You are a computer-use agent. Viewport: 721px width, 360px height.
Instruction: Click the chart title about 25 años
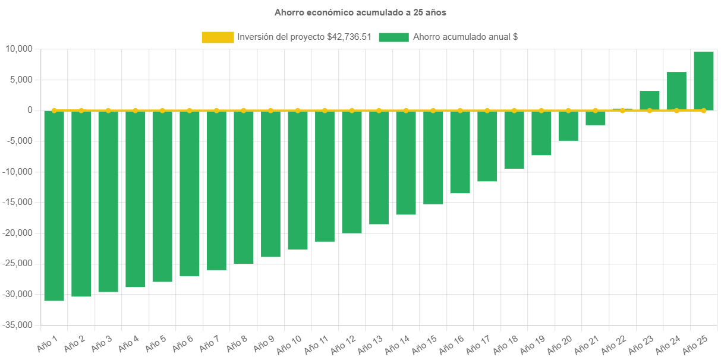click(360, 12)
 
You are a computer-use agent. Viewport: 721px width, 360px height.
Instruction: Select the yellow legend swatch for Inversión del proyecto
click(218, 37)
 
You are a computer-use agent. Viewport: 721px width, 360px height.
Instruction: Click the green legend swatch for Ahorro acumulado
click(393, 37)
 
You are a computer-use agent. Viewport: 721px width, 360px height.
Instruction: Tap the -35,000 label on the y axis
click(19, 325)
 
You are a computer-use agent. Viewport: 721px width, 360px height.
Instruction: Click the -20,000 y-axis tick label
click(19, 233)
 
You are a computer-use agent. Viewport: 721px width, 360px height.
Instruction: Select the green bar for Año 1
click(54, 206)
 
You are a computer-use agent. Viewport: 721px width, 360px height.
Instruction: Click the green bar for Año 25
click(704, 81)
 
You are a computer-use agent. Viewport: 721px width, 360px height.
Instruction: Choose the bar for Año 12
click(352, 172)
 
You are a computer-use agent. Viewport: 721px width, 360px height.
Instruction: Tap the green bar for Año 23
click(650, 100)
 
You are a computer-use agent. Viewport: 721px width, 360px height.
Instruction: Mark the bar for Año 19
click(541, 133)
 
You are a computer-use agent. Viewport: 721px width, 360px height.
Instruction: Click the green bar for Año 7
click(216, 190)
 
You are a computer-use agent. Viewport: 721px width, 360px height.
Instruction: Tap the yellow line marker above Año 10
click(298, 110)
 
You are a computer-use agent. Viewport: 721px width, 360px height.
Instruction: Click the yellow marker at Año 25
click(704, 110)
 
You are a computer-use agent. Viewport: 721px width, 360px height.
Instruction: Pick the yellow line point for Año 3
click(108, 110)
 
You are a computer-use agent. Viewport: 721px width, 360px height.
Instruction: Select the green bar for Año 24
click(676, 91)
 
